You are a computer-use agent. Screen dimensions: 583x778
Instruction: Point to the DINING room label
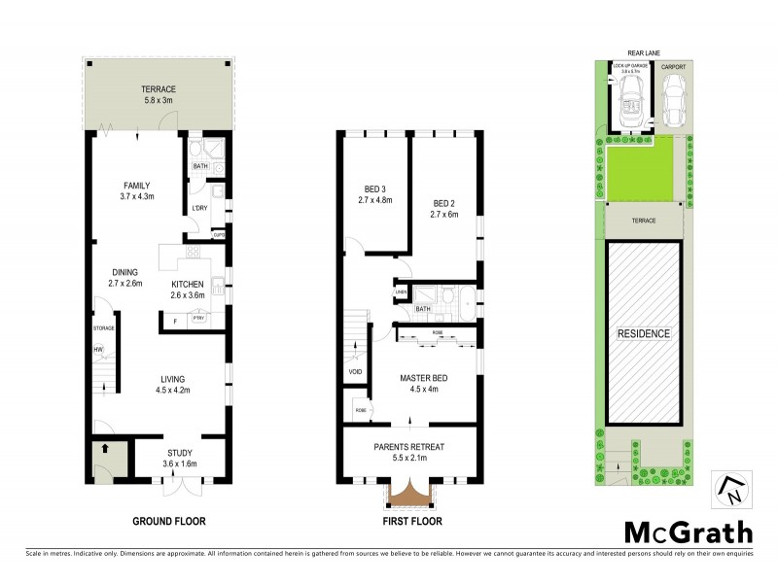point(125,272)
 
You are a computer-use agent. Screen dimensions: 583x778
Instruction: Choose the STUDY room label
point(180,453)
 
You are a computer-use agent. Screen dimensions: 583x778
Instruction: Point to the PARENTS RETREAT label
point(409,447)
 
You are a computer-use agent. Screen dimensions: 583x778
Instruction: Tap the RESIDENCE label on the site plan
point(644,333)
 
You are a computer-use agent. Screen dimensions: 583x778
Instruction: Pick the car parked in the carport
point(674,100)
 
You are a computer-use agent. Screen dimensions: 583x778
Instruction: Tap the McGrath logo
point(688,532)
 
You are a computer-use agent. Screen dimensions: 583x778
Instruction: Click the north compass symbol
point(731,490)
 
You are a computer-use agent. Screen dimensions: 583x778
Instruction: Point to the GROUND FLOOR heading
point(169,522)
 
